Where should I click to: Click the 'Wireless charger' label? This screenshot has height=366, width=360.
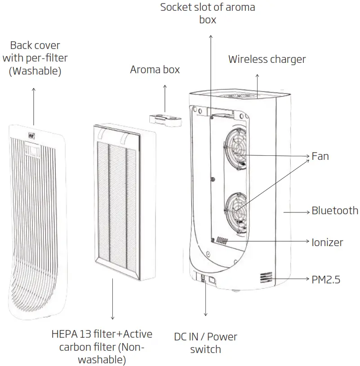click(x=267, y=59)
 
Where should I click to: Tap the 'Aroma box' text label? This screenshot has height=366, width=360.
click(x=155, y=70)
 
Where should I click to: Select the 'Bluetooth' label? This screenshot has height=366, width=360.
click(x=335, y=211)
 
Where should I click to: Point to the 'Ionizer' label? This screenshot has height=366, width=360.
click(x=327, y=243)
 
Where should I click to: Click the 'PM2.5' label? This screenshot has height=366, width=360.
click(x=326, y=279)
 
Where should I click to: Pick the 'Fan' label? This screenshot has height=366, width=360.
click(x=320, y=156)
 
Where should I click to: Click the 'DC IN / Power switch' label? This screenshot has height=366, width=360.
click(x=205, y=343)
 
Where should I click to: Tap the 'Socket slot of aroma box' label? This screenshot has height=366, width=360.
click(x=208, y=13)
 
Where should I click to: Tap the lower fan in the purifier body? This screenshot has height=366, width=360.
click(x=236, y=207)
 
